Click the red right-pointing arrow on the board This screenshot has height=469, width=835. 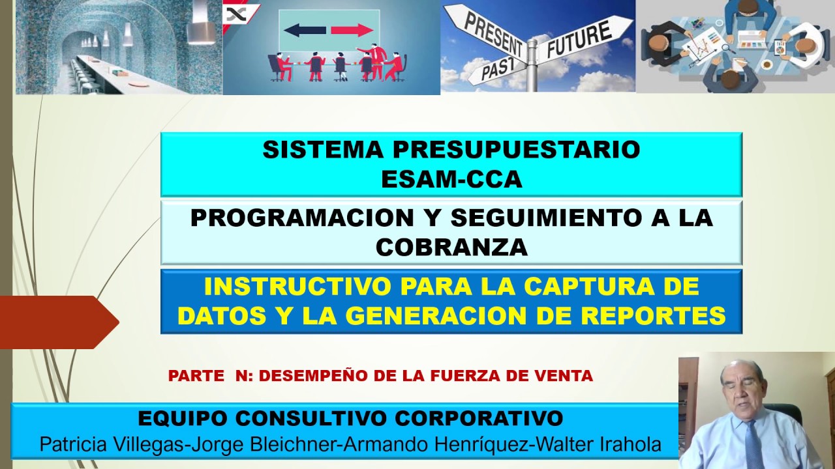352,30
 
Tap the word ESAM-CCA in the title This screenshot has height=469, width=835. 451,179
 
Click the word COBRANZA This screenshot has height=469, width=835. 452,247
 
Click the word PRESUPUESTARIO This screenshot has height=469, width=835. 516,150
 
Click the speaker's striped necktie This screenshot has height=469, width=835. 755,445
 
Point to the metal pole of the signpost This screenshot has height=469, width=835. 532,65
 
